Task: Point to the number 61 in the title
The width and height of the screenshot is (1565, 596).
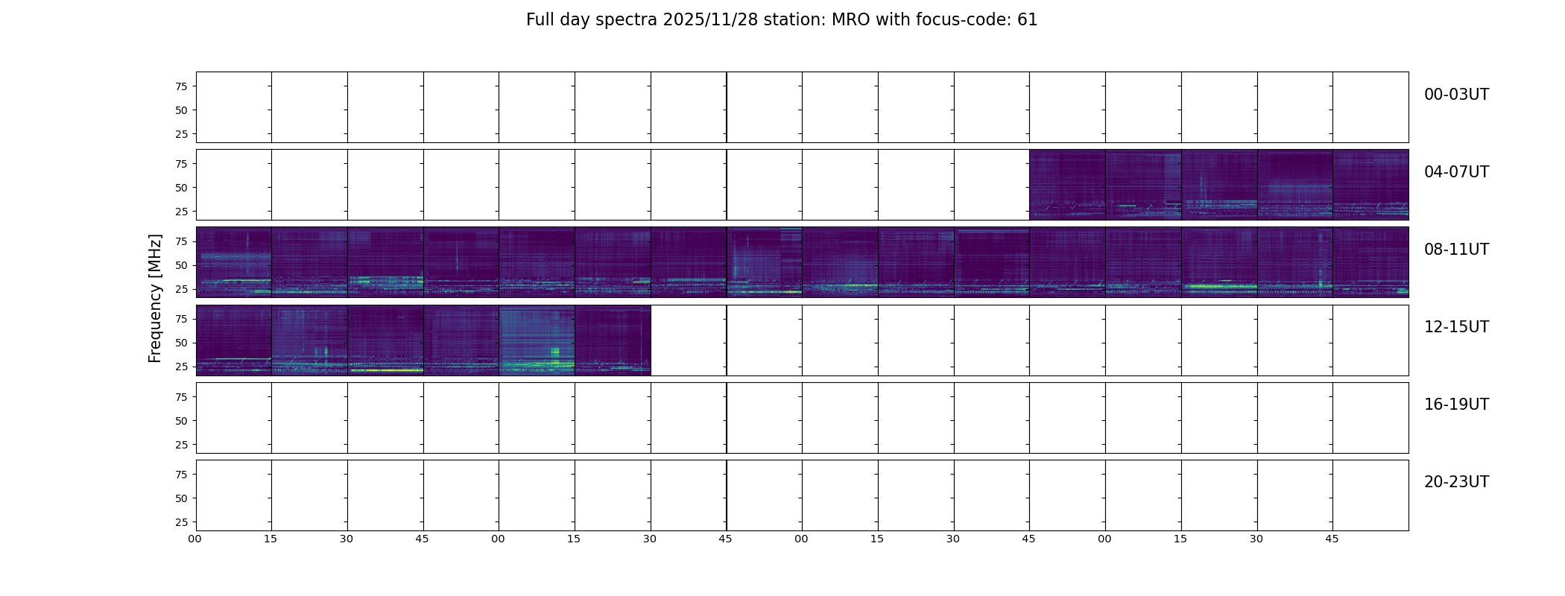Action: pyautogui.click(x=1027, y=20)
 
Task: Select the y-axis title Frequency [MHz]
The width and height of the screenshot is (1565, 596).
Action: pyautogui.click(x=155, y=298)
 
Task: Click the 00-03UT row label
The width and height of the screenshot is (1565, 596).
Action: pyautogui.click(x=1456, y=95)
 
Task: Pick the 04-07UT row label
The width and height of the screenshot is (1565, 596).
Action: pyautogui.click(x=1456, y=172)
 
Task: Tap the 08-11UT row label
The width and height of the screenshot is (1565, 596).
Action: pyautogui.click(x=1456, y=250)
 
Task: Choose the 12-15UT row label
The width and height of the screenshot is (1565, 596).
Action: pyautogui.click(x=1456, y=327)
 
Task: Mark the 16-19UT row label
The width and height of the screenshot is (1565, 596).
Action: pyautogui.click(x=1456, y=405)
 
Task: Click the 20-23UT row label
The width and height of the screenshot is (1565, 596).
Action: pyautogui.click(x=1456, y=482)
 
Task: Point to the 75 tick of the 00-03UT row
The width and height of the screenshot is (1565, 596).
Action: pyautogui.click(x=181, y=86)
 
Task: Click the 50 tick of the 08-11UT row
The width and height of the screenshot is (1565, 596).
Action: pyautogui.click(x=181, y=265)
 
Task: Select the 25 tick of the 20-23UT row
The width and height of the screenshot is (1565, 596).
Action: pyautogui.click(x=181, y=522)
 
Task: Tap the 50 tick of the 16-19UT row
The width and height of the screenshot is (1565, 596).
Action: pyautogui.click(x=181, y=421)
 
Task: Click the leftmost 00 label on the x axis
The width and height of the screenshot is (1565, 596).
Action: pyautogui.click(x=195, y=539)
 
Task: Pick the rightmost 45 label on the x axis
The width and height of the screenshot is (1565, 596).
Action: pyautogui.click(x=1332, y=539)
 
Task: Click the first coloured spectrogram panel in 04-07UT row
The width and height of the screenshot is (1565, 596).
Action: pyautogui.click(x=1067, y=185)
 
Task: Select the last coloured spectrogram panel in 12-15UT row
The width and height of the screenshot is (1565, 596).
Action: pyautogui.click(x=613, y=340)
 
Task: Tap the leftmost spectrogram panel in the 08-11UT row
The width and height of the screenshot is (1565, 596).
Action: pyautogui.click(x=234, y=262)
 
